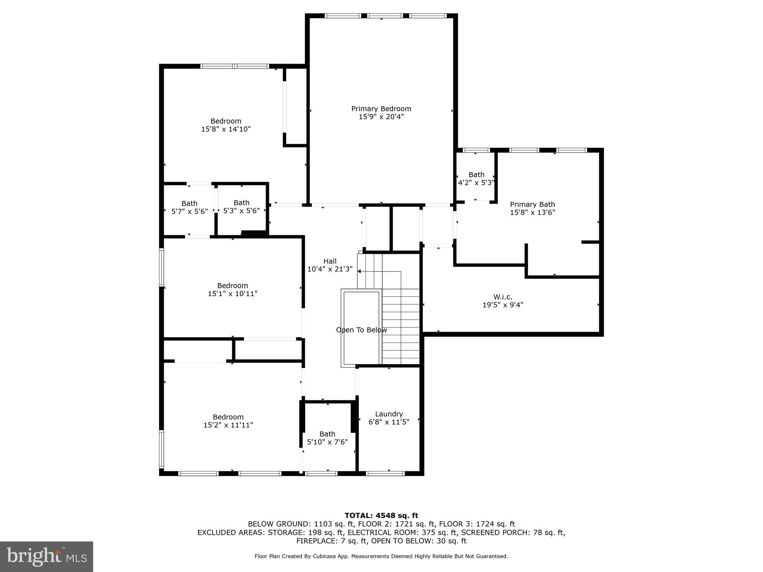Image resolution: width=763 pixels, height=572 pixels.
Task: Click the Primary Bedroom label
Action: pyautogui.click(x=381, y=109)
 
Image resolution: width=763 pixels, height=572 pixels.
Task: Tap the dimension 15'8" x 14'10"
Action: pyautogui.click(x=226, y=129)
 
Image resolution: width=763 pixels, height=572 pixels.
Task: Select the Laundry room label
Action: pyautogui.click(x=389, y=414)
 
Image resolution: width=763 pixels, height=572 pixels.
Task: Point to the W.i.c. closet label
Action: pyautogui.click(x=503, y=297)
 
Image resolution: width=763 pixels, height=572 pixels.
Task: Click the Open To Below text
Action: pyautogui.click(x=361, y=330)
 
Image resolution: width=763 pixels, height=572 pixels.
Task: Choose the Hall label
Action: pyautogui.click(x=330, y=261)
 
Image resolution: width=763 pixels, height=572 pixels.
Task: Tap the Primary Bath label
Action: pyautogui.click(x=532, y=204)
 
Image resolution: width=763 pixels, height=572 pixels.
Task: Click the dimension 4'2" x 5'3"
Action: pyautogui.click(x=476, y=183)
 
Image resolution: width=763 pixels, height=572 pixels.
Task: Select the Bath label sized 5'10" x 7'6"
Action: pyautogui.click(x=327, y=434)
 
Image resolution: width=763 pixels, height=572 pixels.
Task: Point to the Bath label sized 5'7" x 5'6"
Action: pyautogui.click(x=189, y=203)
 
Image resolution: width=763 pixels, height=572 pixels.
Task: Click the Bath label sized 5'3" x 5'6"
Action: pyautogui.click(x=241, y=203)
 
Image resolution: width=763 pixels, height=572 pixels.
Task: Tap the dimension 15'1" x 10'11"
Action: pyautogui.click(x=232, y=294)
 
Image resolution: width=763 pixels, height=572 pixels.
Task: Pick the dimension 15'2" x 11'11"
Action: pyautogui.click(x=228, y=425)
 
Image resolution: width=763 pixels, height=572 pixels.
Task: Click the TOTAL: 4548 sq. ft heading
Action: pyautogui.click(x=381, y=515)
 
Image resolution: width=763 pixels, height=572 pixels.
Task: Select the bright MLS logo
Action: pyautogui.click(x=47, y=556)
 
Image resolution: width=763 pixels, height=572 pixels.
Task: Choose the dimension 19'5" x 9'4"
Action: pyautogui.click(x=503, y=305)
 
